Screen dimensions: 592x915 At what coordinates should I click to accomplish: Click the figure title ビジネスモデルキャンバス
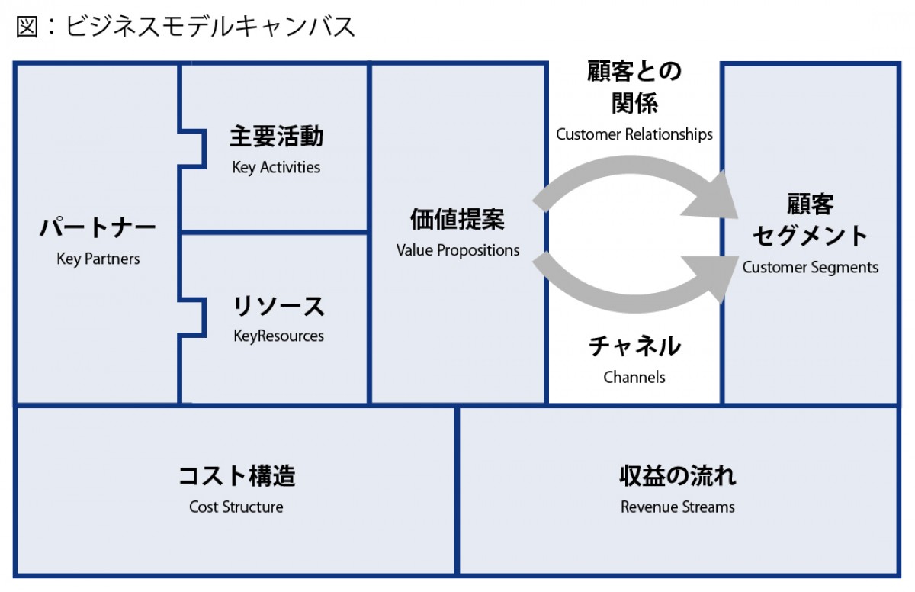point(185,27)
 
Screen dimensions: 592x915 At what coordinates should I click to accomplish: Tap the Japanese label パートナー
point(98,228)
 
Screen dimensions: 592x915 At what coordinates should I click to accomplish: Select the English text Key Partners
point(98,259)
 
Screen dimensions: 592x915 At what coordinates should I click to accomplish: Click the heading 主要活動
point(276,137)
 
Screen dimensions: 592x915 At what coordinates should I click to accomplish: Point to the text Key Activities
point(276,168)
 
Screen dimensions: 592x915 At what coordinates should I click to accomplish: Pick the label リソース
point(279,307)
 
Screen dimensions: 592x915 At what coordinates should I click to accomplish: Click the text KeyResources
point(278,336)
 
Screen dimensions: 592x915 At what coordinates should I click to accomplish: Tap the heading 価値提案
point(457,220)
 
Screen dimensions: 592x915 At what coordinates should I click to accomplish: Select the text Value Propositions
point(457,250)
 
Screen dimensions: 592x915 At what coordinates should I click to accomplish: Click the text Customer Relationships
point(634,135)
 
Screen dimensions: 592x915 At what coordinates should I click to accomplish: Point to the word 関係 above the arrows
point(634,103)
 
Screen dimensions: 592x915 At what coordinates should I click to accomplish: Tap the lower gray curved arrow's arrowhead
point(709,276)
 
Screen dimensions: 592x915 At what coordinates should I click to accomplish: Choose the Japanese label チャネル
point(634,347)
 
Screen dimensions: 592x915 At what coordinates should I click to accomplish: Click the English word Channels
point(634,377)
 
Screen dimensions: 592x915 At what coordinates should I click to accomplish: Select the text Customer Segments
point(811,268)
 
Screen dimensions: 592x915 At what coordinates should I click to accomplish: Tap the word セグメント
point(811,236)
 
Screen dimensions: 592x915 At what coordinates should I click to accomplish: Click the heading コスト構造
point(236,477)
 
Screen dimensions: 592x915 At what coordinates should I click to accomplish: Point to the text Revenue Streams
point(678,507)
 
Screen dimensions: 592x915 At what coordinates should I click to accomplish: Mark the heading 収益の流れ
point(678,477)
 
